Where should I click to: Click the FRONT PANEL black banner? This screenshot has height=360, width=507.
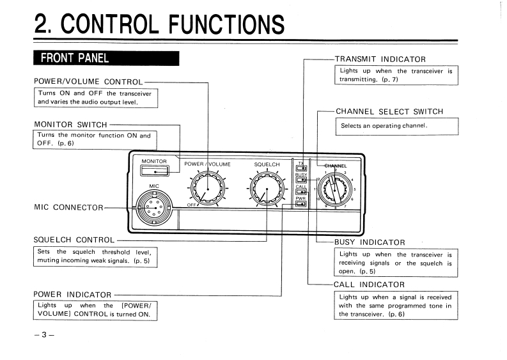click(106, 58)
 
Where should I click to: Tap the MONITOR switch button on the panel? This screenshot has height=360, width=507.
click(155, 171)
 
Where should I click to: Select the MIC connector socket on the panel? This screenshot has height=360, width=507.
click(154, 208)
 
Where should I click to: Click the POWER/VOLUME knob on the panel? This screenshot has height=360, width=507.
click(208, 189)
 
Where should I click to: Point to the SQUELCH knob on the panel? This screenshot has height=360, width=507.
click(267, 189)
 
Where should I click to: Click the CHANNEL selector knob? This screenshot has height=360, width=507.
click(334, 189)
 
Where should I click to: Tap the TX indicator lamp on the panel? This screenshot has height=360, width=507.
click(301, 168)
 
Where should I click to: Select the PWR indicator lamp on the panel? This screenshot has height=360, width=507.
click(301, 204)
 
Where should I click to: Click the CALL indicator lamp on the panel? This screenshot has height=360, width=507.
click(301, 192)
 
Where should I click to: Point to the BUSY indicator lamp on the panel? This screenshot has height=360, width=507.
click(301, 180)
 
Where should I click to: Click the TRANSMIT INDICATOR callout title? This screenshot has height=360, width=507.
click(380, 59)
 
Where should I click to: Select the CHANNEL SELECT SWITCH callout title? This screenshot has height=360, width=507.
click(389, 112)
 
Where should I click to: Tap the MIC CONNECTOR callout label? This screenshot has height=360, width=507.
click(68, 207)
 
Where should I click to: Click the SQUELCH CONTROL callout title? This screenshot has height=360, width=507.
click(74, 240)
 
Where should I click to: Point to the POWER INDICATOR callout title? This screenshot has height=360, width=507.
click(72, 295)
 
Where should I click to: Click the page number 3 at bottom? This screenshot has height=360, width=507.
click(44, 335)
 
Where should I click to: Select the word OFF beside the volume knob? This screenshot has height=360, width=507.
click(191, 205)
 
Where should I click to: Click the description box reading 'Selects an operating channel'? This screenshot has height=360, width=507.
click(397, 126)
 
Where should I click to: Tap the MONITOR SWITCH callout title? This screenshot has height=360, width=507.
click(70, 125)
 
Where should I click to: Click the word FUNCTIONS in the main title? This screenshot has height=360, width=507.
click(226, 24)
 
